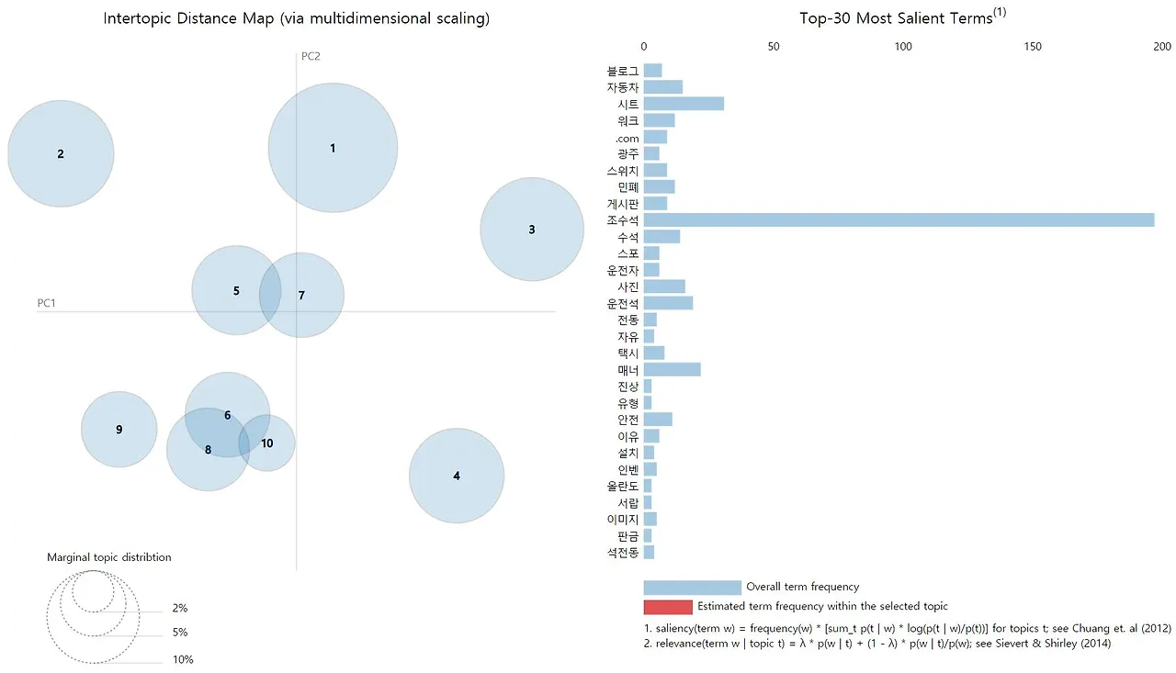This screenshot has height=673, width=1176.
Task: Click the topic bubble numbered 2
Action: point(61,153)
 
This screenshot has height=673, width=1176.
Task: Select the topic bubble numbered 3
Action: point(532,230)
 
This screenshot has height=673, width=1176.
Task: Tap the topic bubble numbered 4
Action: point(457,476)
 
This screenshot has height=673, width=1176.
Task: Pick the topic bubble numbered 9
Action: point(119,430)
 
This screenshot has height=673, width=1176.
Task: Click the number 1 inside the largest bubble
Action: point(333,149)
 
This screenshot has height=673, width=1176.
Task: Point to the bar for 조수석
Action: point(899,220)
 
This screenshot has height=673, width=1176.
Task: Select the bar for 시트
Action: point(684,104)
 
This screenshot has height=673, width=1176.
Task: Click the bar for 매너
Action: point(672,369)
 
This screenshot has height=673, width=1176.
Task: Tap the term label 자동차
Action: point(622,87)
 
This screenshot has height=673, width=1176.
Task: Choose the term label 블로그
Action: point(622,71)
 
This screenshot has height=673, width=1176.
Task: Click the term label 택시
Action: point(628,353)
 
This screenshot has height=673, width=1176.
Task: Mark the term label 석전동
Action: point(622,552)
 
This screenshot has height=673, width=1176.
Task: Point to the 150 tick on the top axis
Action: point(1035,46)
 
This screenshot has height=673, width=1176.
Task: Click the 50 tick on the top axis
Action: point(774,46)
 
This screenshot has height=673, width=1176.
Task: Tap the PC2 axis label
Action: point(311,56)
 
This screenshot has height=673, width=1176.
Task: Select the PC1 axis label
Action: point(47,303)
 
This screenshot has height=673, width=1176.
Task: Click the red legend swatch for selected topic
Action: point(667,607)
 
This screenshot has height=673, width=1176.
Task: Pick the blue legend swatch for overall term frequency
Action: point(692,588)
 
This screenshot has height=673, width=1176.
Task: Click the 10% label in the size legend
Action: point(183,660)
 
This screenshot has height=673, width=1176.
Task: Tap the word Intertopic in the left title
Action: point(137,19)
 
